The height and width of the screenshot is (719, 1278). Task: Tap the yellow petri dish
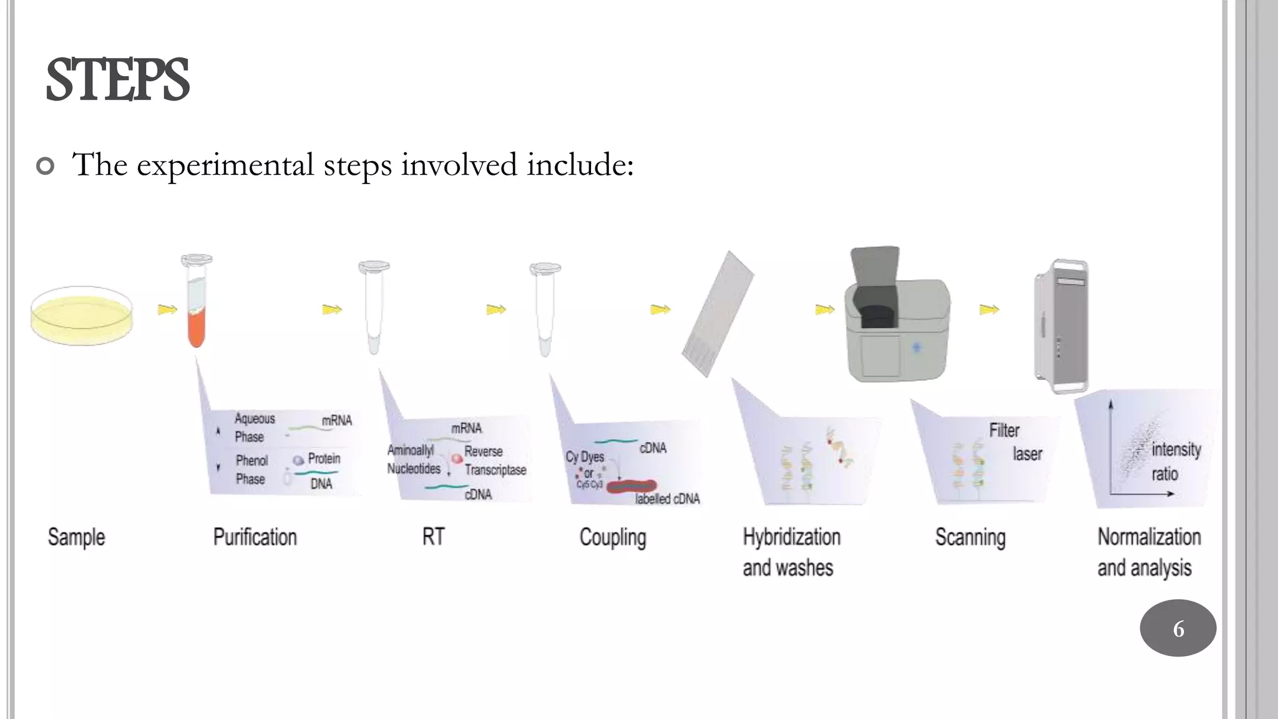coord(82,316)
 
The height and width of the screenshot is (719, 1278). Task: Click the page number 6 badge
coord(1178,628)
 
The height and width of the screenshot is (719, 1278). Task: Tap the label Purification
coord(255,537)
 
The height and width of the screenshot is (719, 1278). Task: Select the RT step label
coord(433,537)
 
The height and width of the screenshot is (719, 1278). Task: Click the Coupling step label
coord(612,537)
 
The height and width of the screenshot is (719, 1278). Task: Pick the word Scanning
coord(970,537)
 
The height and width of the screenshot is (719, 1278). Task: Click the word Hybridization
coord(791,537)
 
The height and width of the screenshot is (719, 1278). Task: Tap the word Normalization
coord(1149,537)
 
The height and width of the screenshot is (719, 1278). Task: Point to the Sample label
coord(76,537)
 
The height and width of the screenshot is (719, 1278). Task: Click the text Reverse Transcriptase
coord(494,461)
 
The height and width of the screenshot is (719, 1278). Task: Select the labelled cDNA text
coord(667,499)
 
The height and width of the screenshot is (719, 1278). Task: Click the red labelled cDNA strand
coord(632,486)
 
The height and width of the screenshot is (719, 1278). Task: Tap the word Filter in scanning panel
coord(1004,430)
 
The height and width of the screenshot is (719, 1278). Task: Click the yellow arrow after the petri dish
coord(167,309)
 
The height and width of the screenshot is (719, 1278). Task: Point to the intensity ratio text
coord(1175,461)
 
